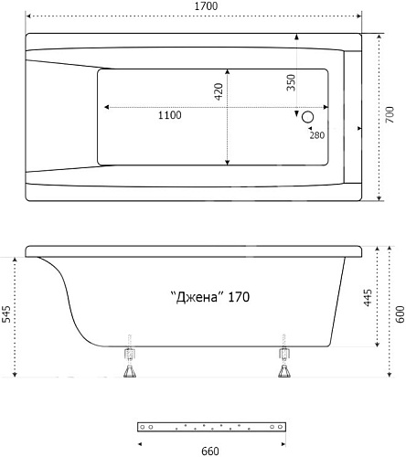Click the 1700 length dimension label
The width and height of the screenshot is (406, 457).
[x=206, y=6]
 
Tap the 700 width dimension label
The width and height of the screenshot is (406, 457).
[x=390, y=114]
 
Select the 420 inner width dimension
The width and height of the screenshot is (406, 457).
[x=219, y=91]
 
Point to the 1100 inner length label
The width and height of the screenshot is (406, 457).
[x=170, y=115]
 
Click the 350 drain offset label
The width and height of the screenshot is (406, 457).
[x=292, y=82]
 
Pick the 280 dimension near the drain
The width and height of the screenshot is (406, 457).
[x=317, y=135]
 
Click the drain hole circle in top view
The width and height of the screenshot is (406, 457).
[x=307, y=117]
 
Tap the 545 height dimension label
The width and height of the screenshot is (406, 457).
[x=6, y=314]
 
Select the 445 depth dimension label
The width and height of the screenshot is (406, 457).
[x=369, y=298]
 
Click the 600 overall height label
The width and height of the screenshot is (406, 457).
[x=401, y=314]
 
